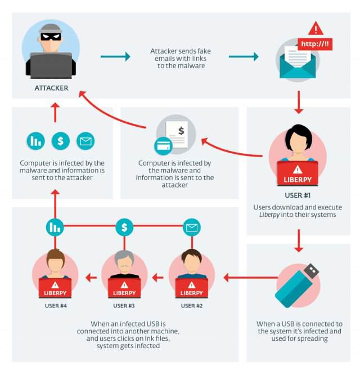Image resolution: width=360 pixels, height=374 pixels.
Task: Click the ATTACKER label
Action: tap(51, 88)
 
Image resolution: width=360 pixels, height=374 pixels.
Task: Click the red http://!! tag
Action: tap(314, 43)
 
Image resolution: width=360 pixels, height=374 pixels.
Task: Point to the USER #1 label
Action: tap(298, 196)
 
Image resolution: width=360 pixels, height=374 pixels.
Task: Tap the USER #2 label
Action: tap(192, 306)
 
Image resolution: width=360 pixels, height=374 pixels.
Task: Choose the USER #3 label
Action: tap(124, 306)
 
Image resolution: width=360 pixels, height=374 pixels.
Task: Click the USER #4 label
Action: tap(56, 306)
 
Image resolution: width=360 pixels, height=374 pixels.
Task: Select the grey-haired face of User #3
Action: tap(124, 261)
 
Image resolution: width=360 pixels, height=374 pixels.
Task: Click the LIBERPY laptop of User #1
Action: tap(298, 173)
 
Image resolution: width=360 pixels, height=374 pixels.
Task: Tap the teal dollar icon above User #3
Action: tap(124, 228)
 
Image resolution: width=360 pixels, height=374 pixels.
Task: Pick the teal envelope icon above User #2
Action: tap(192, 228)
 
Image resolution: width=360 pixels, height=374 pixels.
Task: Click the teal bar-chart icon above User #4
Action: tap(55, 228)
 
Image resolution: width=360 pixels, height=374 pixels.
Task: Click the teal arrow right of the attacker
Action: tap(115, 56)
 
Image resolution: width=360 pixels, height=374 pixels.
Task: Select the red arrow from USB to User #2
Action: tap(247, 277)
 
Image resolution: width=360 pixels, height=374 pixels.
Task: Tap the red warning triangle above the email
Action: tap(316, 28)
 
